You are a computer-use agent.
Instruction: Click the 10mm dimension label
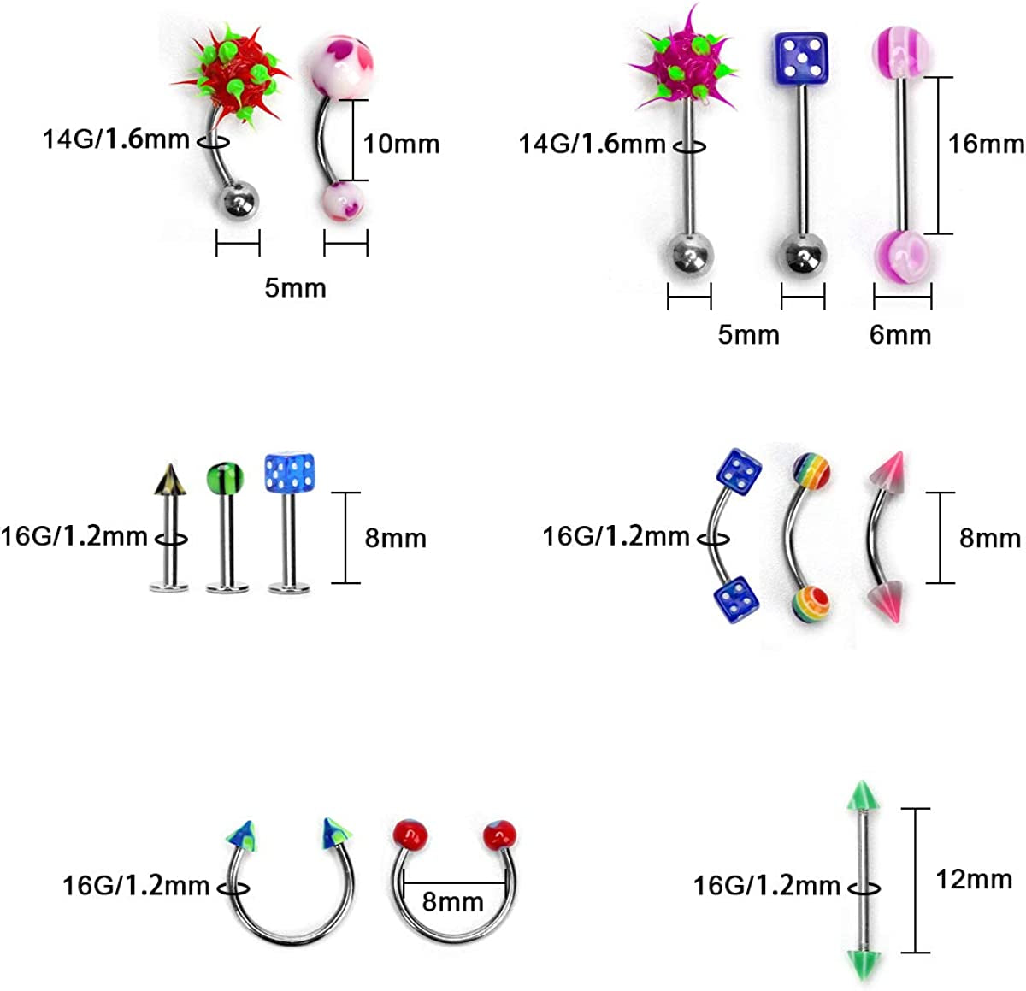(401, 144)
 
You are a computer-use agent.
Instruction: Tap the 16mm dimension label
(985, 144)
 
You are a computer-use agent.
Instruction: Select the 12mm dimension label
(973, 878)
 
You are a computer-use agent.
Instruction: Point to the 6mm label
(899, 334)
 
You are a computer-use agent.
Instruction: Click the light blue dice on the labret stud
(287, 474)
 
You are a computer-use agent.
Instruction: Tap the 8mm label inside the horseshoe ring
(452, 901)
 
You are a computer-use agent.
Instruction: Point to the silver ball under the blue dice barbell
(801, 254)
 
